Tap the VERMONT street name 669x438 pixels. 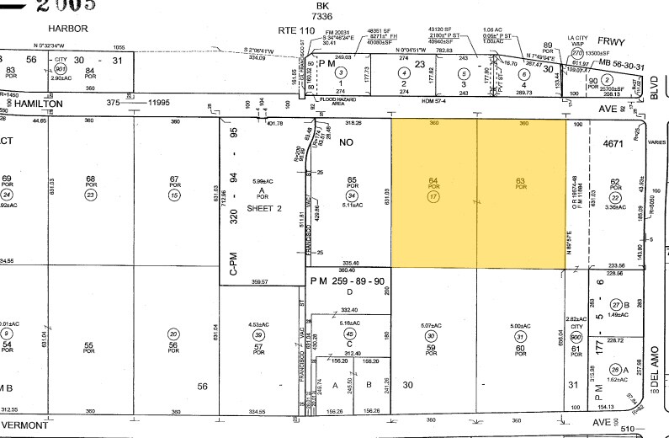(25, 425)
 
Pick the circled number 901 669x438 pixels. (60, 70)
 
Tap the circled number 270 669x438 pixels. (578, 53)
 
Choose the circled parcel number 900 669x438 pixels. (576, 334)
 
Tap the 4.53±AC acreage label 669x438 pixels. (258, 323)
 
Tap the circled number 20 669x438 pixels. (174, 333)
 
